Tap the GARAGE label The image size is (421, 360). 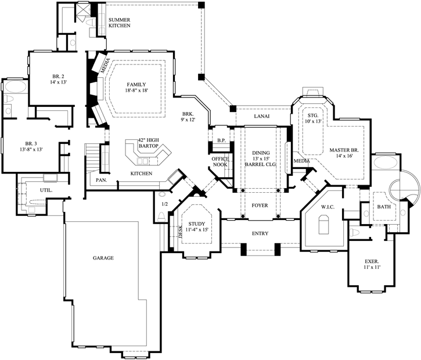click(x=103, y=257)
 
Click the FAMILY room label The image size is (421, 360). click(x=137, y=85)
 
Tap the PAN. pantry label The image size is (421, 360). click(x=101, y=180)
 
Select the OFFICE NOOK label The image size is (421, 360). click(x=221, y=162)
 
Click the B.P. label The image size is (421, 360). click(x=221, y=141)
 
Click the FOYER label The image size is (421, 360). click(x=260, y=206)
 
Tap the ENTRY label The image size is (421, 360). click(x=260, y=234)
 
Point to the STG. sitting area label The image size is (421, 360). click(x=314, y=116)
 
